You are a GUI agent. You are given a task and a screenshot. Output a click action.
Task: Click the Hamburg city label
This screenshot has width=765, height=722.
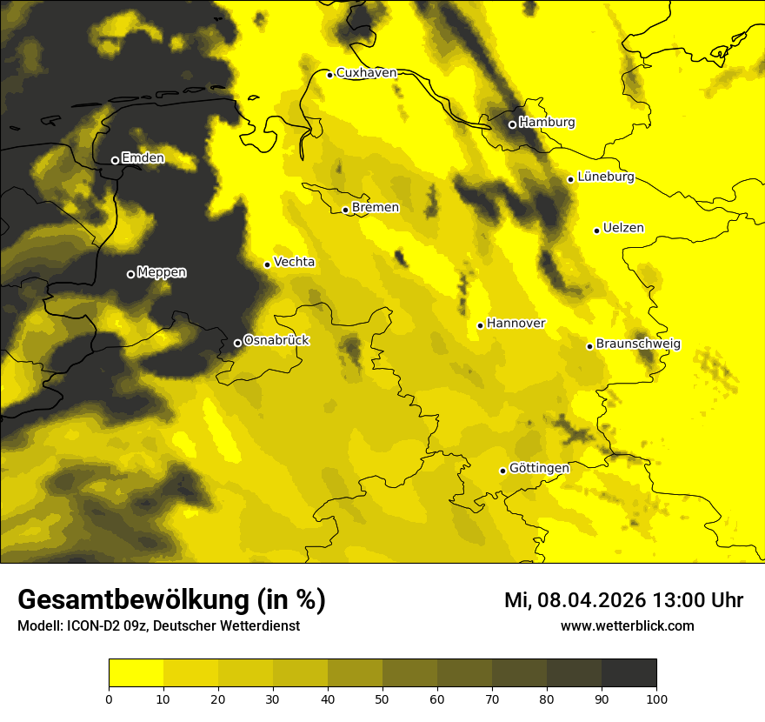point(547,123)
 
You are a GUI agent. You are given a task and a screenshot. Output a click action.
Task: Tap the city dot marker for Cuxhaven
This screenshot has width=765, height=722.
point(330,75)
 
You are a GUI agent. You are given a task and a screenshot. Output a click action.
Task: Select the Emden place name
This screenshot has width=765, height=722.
point(143,158)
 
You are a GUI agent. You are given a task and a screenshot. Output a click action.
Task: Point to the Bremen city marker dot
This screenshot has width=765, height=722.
point(345,210)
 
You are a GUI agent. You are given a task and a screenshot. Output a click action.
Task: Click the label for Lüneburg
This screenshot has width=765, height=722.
point(606,177)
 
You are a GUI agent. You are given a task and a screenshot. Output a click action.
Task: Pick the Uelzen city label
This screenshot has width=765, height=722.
point(623,229)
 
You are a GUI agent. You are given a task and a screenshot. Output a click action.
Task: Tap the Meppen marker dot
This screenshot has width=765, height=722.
point(130,274)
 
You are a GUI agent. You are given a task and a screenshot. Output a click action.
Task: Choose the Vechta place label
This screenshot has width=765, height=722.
point(294,262)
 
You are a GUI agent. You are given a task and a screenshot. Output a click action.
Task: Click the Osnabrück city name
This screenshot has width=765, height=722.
point(276,341)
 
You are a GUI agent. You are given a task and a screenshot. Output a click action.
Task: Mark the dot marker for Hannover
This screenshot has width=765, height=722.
point(480,325)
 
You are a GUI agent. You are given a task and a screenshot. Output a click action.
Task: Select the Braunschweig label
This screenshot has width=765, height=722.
point(638,344)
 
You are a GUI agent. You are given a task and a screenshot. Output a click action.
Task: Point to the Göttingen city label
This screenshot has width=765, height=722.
point(539,469)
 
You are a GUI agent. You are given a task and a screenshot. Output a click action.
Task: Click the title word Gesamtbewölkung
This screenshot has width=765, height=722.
point(134,600)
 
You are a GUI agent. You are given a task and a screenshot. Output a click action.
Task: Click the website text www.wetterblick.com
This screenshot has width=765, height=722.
point(627,625)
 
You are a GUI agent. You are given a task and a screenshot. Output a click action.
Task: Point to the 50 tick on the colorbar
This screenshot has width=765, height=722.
point(382,698)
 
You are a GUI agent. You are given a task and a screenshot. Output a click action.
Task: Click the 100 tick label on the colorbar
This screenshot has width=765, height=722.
point(656,698)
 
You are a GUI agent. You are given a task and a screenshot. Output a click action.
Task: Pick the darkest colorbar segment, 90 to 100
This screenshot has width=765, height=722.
point(629,673)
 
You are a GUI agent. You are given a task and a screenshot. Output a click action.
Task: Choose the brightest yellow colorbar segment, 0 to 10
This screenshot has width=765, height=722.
point(136,673)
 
